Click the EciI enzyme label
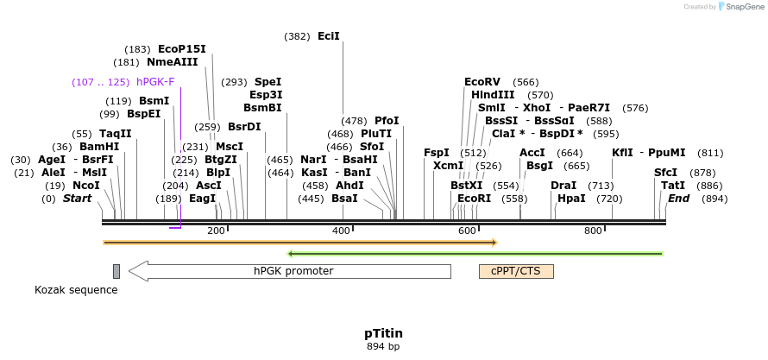(329, 36)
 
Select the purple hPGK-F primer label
(155, 82)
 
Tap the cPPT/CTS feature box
(516, 271)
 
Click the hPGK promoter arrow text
(293, 271)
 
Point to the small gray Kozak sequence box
(116, 271)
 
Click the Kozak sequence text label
(76, 290)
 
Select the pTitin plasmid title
(383, 332)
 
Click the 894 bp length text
(383, 346)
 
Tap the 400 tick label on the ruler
(341, 231)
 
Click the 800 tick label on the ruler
(593, 231)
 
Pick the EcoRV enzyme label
(482, 82)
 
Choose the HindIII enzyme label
(493, 95)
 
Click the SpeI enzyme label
(268, 82)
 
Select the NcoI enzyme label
(85, 186)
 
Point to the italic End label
(678, 199)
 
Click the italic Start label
(78, 199)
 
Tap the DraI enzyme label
(563, 186)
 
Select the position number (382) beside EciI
(298, 36)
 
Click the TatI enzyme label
(673, 186)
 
